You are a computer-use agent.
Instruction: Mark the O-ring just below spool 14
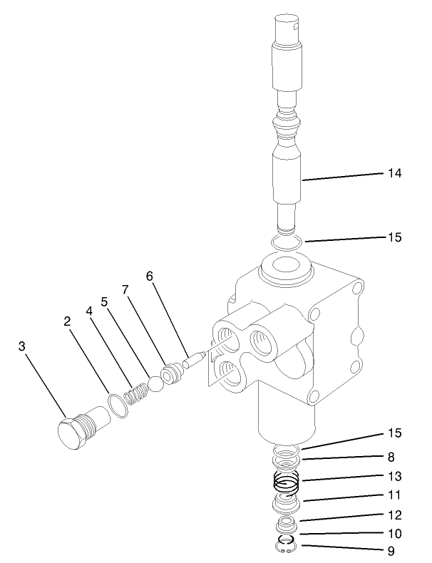[287, 243]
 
